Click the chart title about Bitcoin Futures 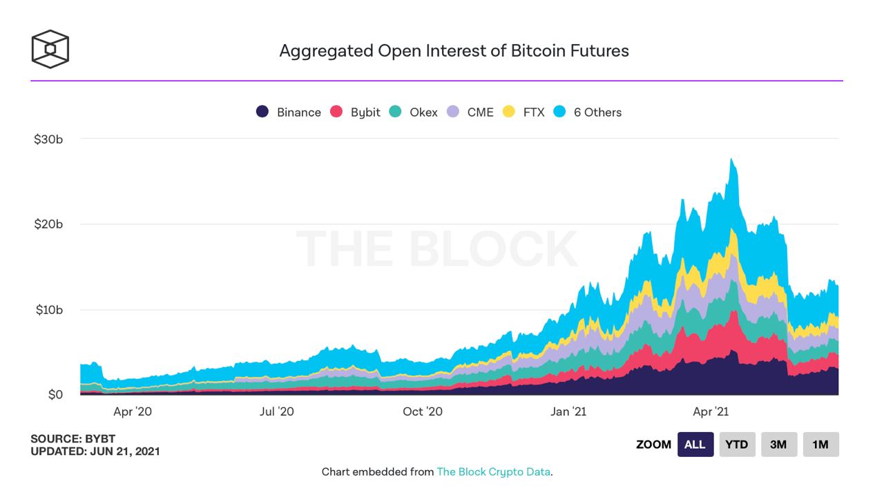point(454,50)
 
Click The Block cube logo point(50,49)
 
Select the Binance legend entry point(289,112)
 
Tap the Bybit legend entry point(355,112)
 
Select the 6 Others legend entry point(588,112)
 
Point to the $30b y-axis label point(48,139)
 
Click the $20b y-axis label point(48,224)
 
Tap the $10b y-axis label point(48,310)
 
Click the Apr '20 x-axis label point(133,412)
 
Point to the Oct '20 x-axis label point(423,412)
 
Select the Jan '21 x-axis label point(568,412)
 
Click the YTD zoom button point(737,445)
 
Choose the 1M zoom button point(820,445)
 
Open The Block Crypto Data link point(494,472)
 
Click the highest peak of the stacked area point(731,159)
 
